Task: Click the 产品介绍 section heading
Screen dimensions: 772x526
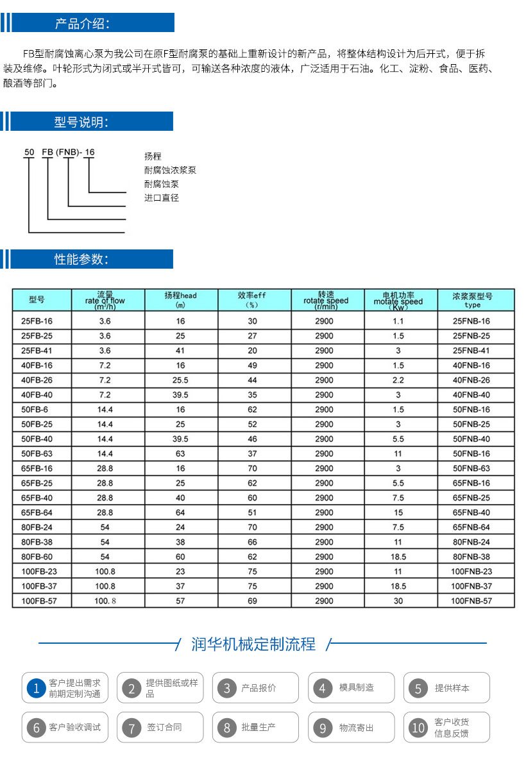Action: tap(82, 24)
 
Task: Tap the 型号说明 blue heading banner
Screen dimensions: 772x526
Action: tap(81, 122)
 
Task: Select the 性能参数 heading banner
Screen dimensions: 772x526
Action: tap(81, 260)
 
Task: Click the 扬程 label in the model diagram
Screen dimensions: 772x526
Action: tap(153, 156)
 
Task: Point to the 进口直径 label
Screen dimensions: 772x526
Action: tap(162, 198)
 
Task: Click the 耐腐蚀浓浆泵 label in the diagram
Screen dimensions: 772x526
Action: tap(170, 171)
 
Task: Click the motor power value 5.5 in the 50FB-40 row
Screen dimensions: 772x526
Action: tap(398, 439)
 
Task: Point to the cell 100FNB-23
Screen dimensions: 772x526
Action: tap(471, 571)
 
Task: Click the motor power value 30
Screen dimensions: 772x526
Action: tap(398, 601)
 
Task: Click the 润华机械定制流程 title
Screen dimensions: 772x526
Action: tap(253, 644)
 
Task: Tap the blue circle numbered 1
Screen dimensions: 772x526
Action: tap(37, 689)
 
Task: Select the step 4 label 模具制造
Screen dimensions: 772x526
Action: tap(357, 688)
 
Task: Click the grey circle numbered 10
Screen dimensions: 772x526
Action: tap(418, 728)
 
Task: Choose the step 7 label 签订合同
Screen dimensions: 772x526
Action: tap(164, 728)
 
